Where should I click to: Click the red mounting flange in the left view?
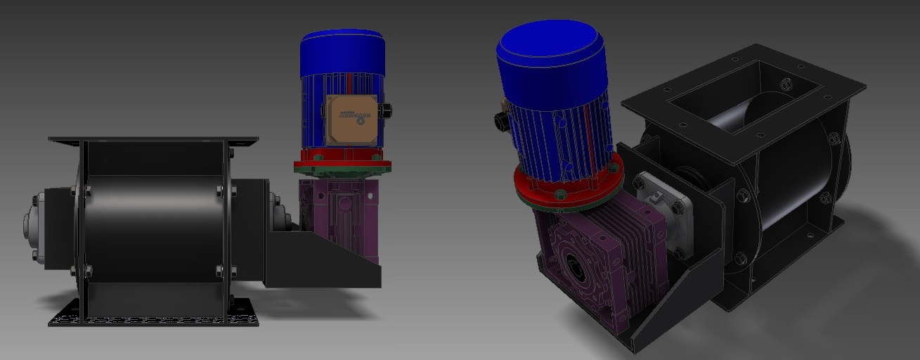point(342,166)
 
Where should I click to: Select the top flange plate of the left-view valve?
point(153,141)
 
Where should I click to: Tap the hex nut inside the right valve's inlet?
point(786,85)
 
